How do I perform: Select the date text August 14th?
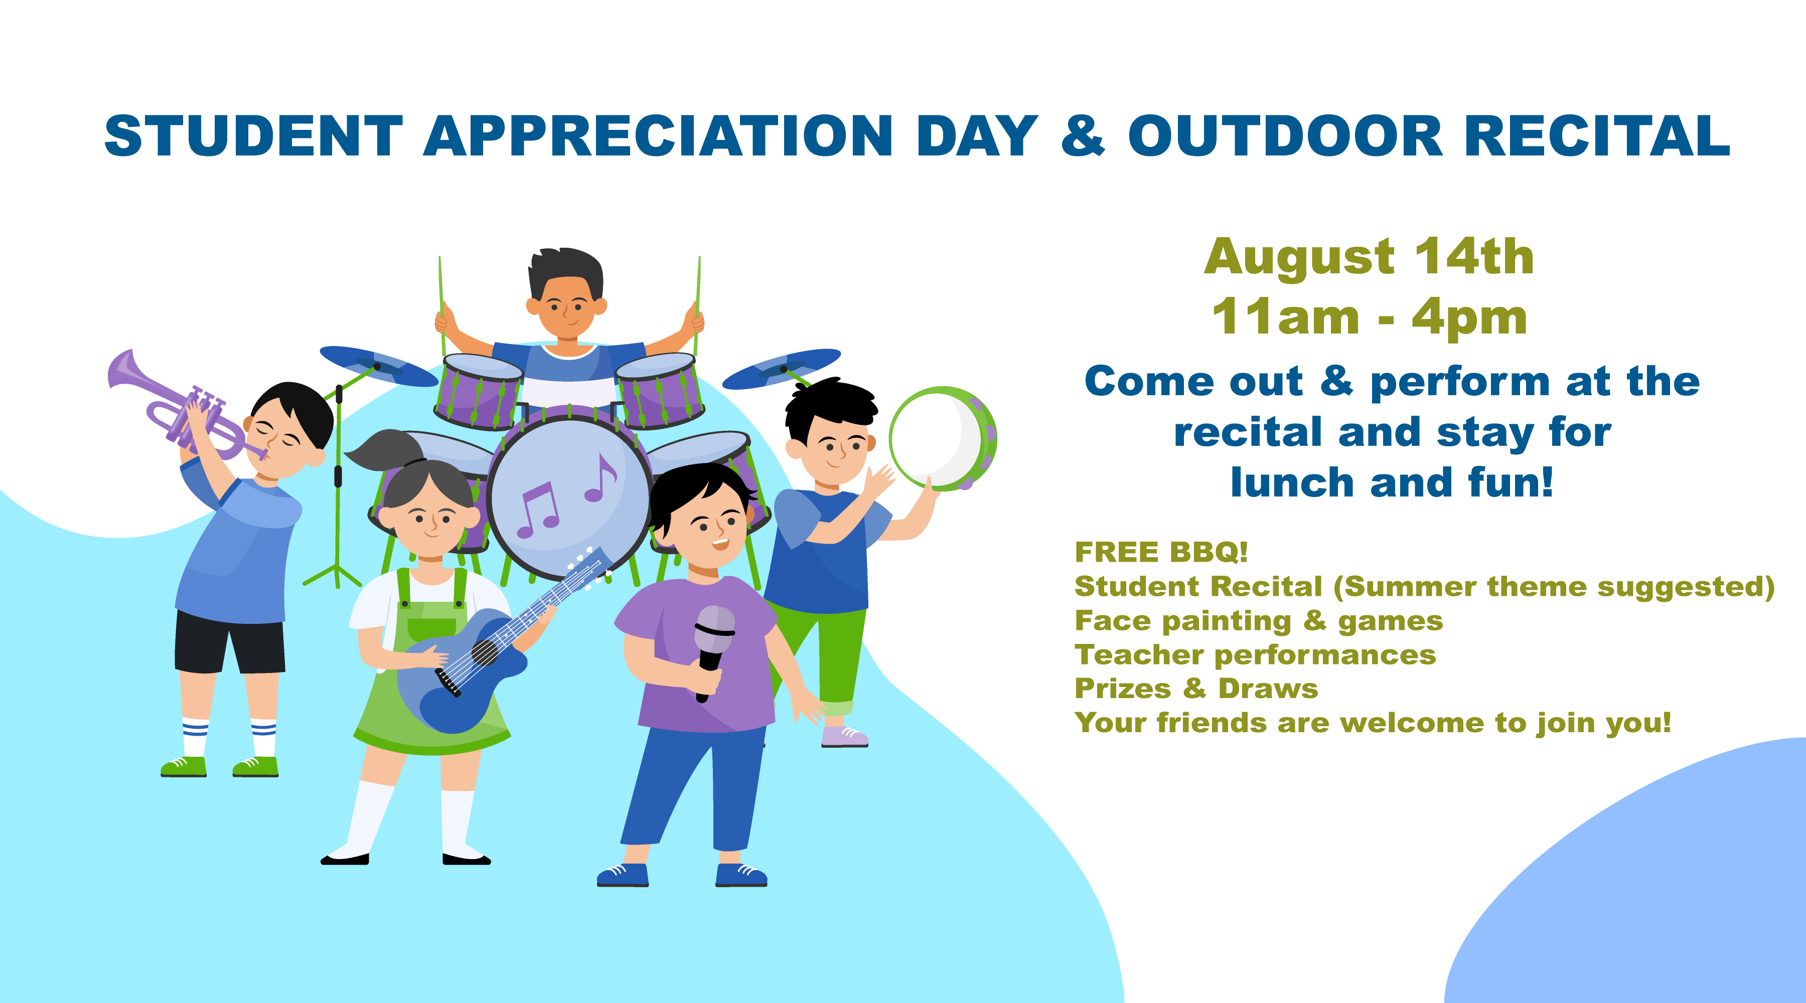click(x=1369, y=257)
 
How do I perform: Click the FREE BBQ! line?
click(x=1161, y=552)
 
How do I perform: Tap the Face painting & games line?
click(x=1259, y=621)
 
